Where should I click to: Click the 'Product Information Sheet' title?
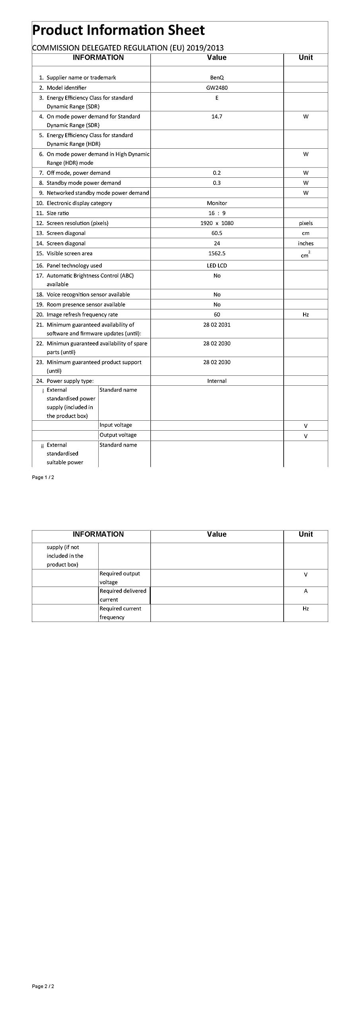(118, 30)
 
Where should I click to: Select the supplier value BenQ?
(217, 78)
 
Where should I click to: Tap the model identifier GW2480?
(217, 88)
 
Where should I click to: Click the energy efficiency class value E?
(217, 98)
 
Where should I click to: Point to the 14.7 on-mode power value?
(217, 117)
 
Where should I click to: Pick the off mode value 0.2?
(217, 173)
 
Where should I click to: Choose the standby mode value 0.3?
(217, 183)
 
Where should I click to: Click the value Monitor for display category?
(217, 203)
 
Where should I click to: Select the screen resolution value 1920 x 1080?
(217, 223)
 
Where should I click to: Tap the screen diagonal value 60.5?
(217, 233)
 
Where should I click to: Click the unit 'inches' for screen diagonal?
(306, 243)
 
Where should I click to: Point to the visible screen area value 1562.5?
(217, 253)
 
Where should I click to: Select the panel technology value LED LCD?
(217, 266)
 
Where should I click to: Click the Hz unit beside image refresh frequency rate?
(306, 315)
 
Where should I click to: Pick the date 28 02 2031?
(217, 325)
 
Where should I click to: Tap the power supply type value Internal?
(217, 381)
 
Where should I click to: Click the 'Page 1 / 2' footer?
(43, 478)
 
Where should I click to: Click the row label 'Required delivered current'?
(123, 595)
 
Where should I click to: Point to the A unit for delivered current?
(306, 591)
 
